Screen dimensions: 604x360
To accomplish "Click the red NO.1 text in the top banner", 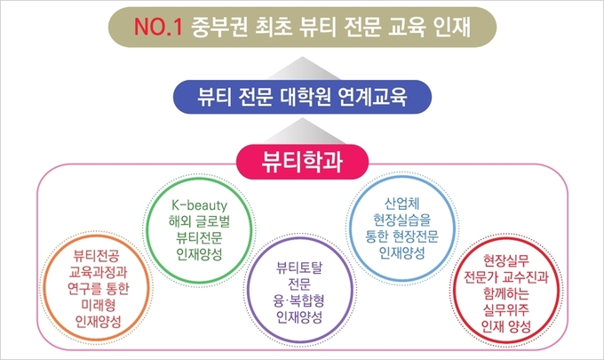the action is [158, 28].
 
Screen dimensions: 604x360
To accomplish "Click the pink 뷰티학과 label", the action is [302, 162].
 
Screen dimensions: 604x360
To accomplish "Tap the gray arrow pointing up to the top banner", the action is [302, 68].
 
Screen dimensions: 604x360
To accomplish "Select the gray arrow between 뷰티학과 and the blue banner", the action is [302, 131].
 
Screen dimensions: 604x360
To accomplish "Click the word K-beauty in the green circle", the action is [199, 205].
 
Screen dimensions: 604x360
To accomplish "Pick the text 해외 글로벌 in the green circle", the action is [199, 221].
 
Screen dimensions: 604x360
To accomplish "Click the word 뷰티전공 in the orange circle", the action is [96, 255].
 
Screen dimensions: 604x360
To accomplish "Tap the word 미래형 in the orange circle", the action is [99, 305].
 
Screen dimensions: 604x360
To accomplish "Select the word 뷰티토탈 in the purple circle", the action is [299, 268].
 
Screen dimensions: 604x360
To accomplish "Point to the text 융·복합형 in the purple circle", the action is [299, 300].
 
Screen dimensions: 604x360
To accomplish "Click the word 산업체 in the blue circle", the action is [401, 204].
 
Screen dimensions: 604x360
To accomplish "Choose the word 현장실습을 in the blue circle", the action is [401, 220].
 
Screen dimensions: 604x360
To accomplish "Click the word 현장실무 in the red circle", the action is [506, 260].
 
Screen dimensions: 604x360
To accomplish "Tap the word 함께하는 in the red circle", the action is [506, 293].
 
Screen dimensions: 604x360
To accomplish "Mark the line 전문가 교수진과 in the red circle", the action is [506, 277].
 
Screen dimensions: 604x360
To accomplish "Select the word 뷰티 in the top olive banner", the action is [320, 28].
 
